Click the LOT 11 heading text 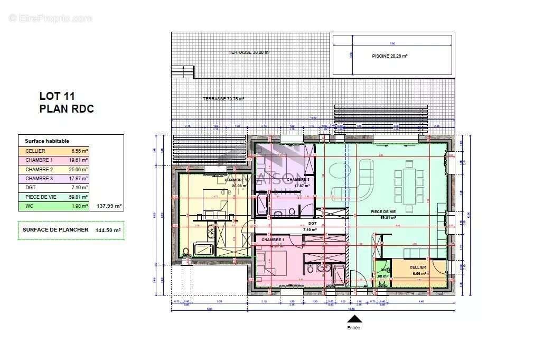coord(57,96)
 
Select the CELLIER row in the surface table coord(53,151)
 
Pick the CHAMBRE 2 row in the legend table coord(53,169)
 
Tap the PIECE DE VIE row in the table coord(53,197)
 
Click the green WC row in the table coord(53,206)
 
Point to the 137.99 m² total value coord(109,206)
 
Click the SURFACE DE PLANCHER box coord(71,230)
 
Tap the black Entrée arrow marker coord(354,319)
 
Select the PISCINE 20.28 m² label coord(390,56)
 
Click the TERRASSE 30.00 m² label coord(249,52)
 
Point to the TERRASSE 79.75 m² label coord(223,99)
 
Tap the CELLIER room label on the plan coord(417,267)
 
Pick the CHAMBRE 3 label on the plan coord(298,180)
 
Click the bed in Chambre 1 coord(276,263)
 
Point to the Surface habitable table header coord(47,141)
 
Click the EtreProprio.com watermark coord(50,19)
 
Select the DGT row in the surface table coord(53,188)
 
